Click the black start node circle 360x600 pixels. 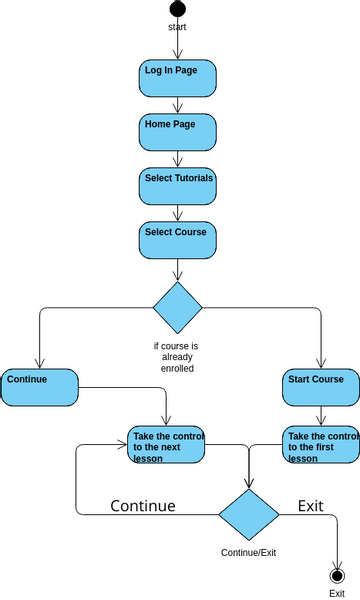pyautogui.click(x=177, y=9)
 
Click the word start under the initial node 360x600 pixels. pyautogui.click(x=177, y=27)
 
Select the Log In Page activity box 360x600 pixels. pyautogui.click(x=177, y=78)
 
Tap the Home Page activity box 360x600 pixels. pyautogui.click(x=177, y=132)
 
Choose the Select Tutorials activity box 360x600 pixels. pyautogui.click(x=177, y=186)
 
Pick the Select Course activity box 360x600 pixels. pyautogui.click(x=177, y=240)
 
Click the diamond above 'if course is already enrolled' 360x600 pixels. pyautogui.click(x=177, y=308)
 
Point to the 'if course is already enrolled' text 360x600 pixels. pyautogui.click(x=176, y=357)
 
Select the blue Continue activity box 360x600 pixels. pyautogui.click(x=39, y=387)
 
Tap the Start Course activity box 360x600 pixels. pyautogui.click(x=320, y=387)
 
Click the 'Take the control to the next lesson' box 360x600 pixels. pyautogui.click(x=166, y=445)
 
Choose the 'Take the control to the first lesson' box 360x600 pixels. pyautogui.click(x=320, y=445)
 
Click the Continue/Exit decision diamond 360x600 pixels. pyautogui.click(x=249, y=514)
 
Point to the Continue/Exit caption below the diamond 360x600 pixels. pyautogui.click(x=248, y=552)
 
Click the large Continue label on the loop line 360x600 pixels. pyautogui.click(x=143, y=506)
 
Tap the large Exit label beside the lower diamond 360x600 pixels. pyautogui.click(x=311, y=506)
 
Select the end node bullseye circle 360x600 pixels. pyautogui.click(x=337, y=575)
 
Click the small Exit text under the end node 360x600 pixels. pyautogui.click(x=337, y=593)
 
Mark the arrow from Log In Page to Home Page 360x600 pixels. pyautogui.click(x=177, y=105)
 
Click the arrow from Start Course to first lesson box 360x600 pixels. pyautogui.click(x=320, y=416)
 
